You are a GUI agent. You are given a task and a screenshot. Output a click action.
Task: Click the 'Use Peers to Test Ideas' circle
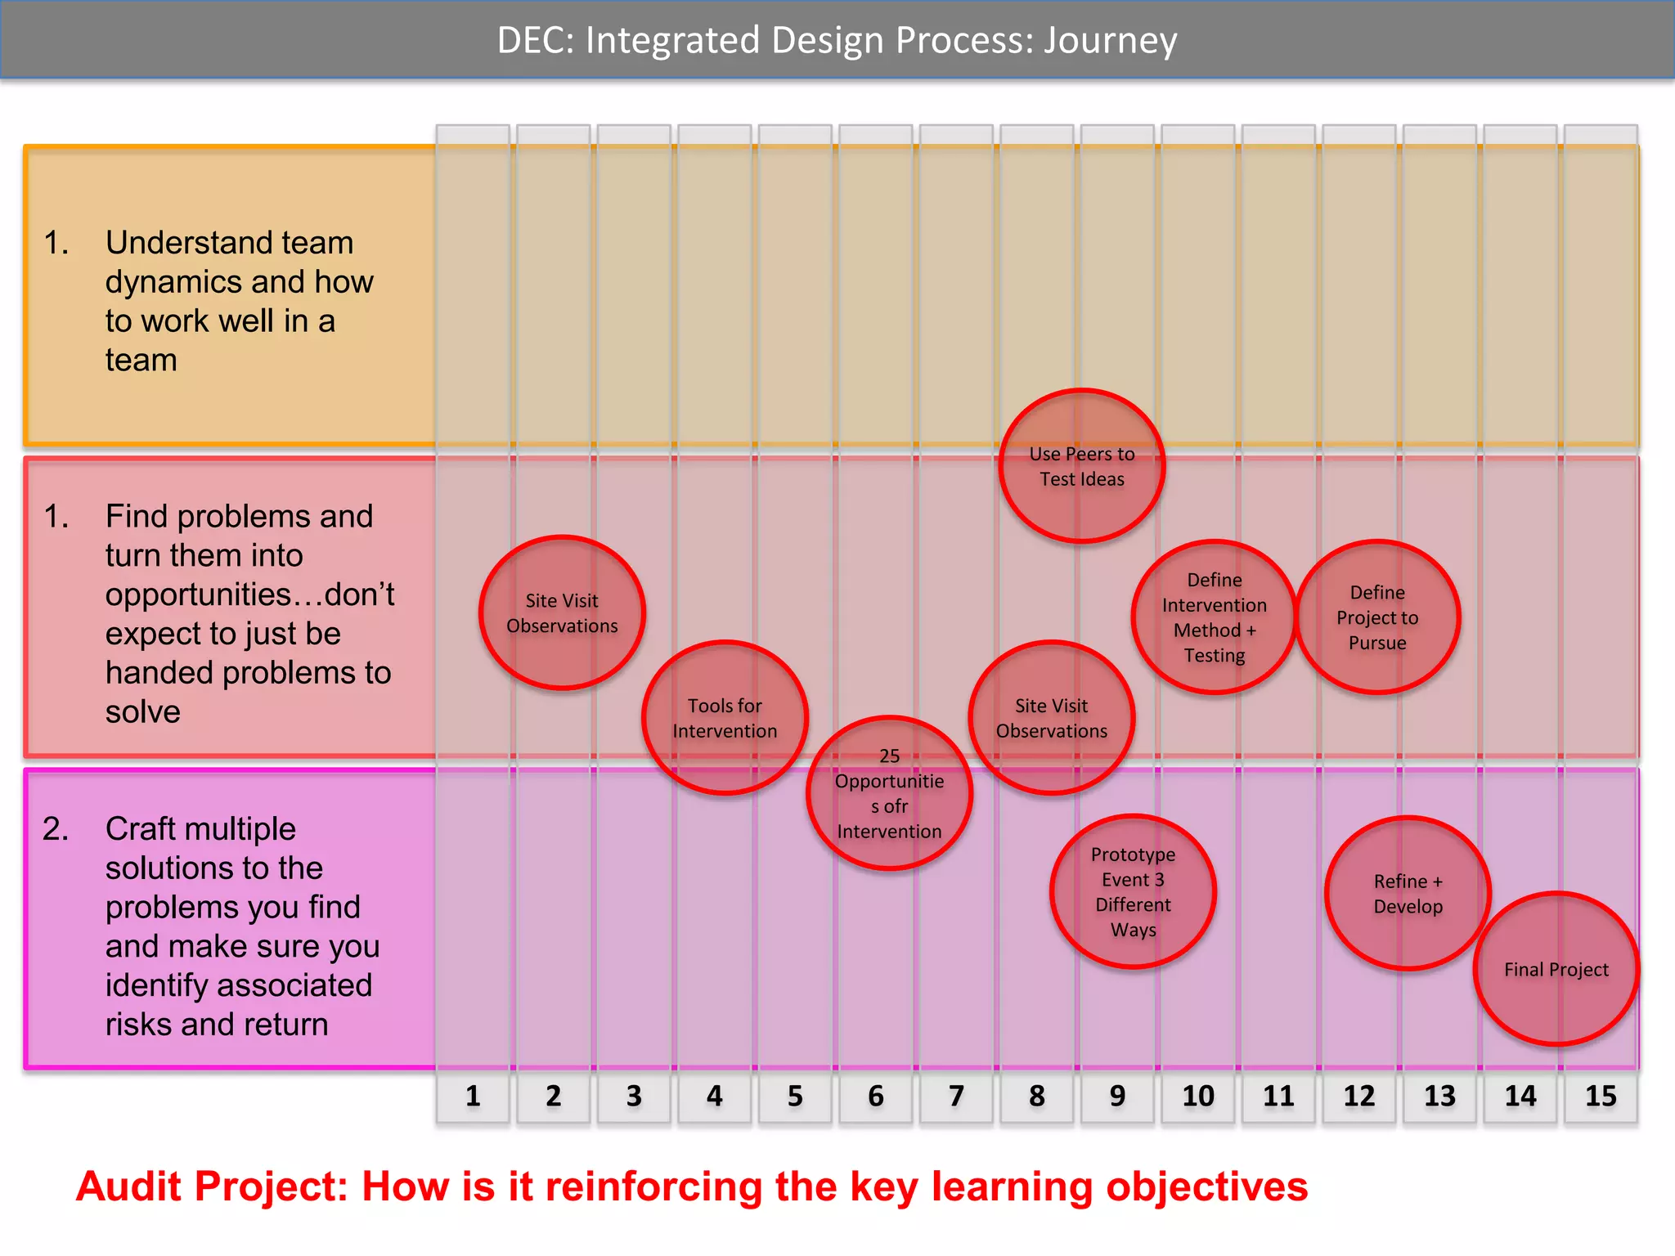pos(1081,466)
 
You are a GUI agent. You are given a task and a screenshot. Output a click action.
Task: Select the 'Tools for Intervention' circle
pos(725,718)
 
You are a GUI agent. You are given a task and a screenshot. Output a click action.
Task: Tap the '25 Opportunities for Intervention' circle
pos(889,793)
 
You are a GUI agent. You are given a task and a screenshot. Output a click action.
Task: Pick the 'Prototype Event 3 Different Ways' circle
pos(1133,891)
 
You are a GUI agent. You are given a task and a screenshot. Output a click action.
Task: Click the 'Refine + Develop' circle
pos(1408,893)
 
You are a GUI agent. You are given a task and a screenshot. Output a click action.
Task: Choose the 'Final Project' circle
pos(1556,969)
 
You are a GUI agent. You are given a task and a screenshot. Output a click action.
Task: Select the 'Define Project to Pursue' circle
pos(1377,617)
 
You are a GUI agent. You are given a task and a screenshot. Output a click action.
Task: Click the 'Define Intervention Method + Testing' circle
pos(1215,617)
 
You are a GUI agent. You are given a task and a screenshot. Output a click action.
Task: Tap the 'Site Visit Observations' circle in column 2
pos(562,612)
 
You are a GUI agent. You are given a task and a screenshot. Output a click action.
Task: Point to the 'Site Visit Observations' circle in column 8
pos(1051,718)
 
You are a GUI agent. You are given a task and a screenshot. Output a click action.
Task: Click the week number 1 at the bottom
pos(473,1096)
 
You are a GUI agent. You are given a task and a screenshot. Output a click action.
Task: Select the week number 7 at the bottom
pos(956,1096)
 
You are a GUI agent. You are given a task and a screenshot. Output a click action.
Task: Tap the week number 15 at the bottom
pos(1601,1096)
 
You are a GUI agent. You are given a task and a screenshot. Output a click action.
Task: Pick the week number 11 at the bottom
pos(1278,1096)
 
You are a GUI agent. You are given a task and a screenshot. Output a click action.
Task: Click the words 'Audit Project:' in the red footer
pos(211,1186)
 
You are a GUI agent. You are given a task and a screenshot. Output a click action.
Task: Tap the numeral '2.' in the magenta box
pos(56,829)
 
